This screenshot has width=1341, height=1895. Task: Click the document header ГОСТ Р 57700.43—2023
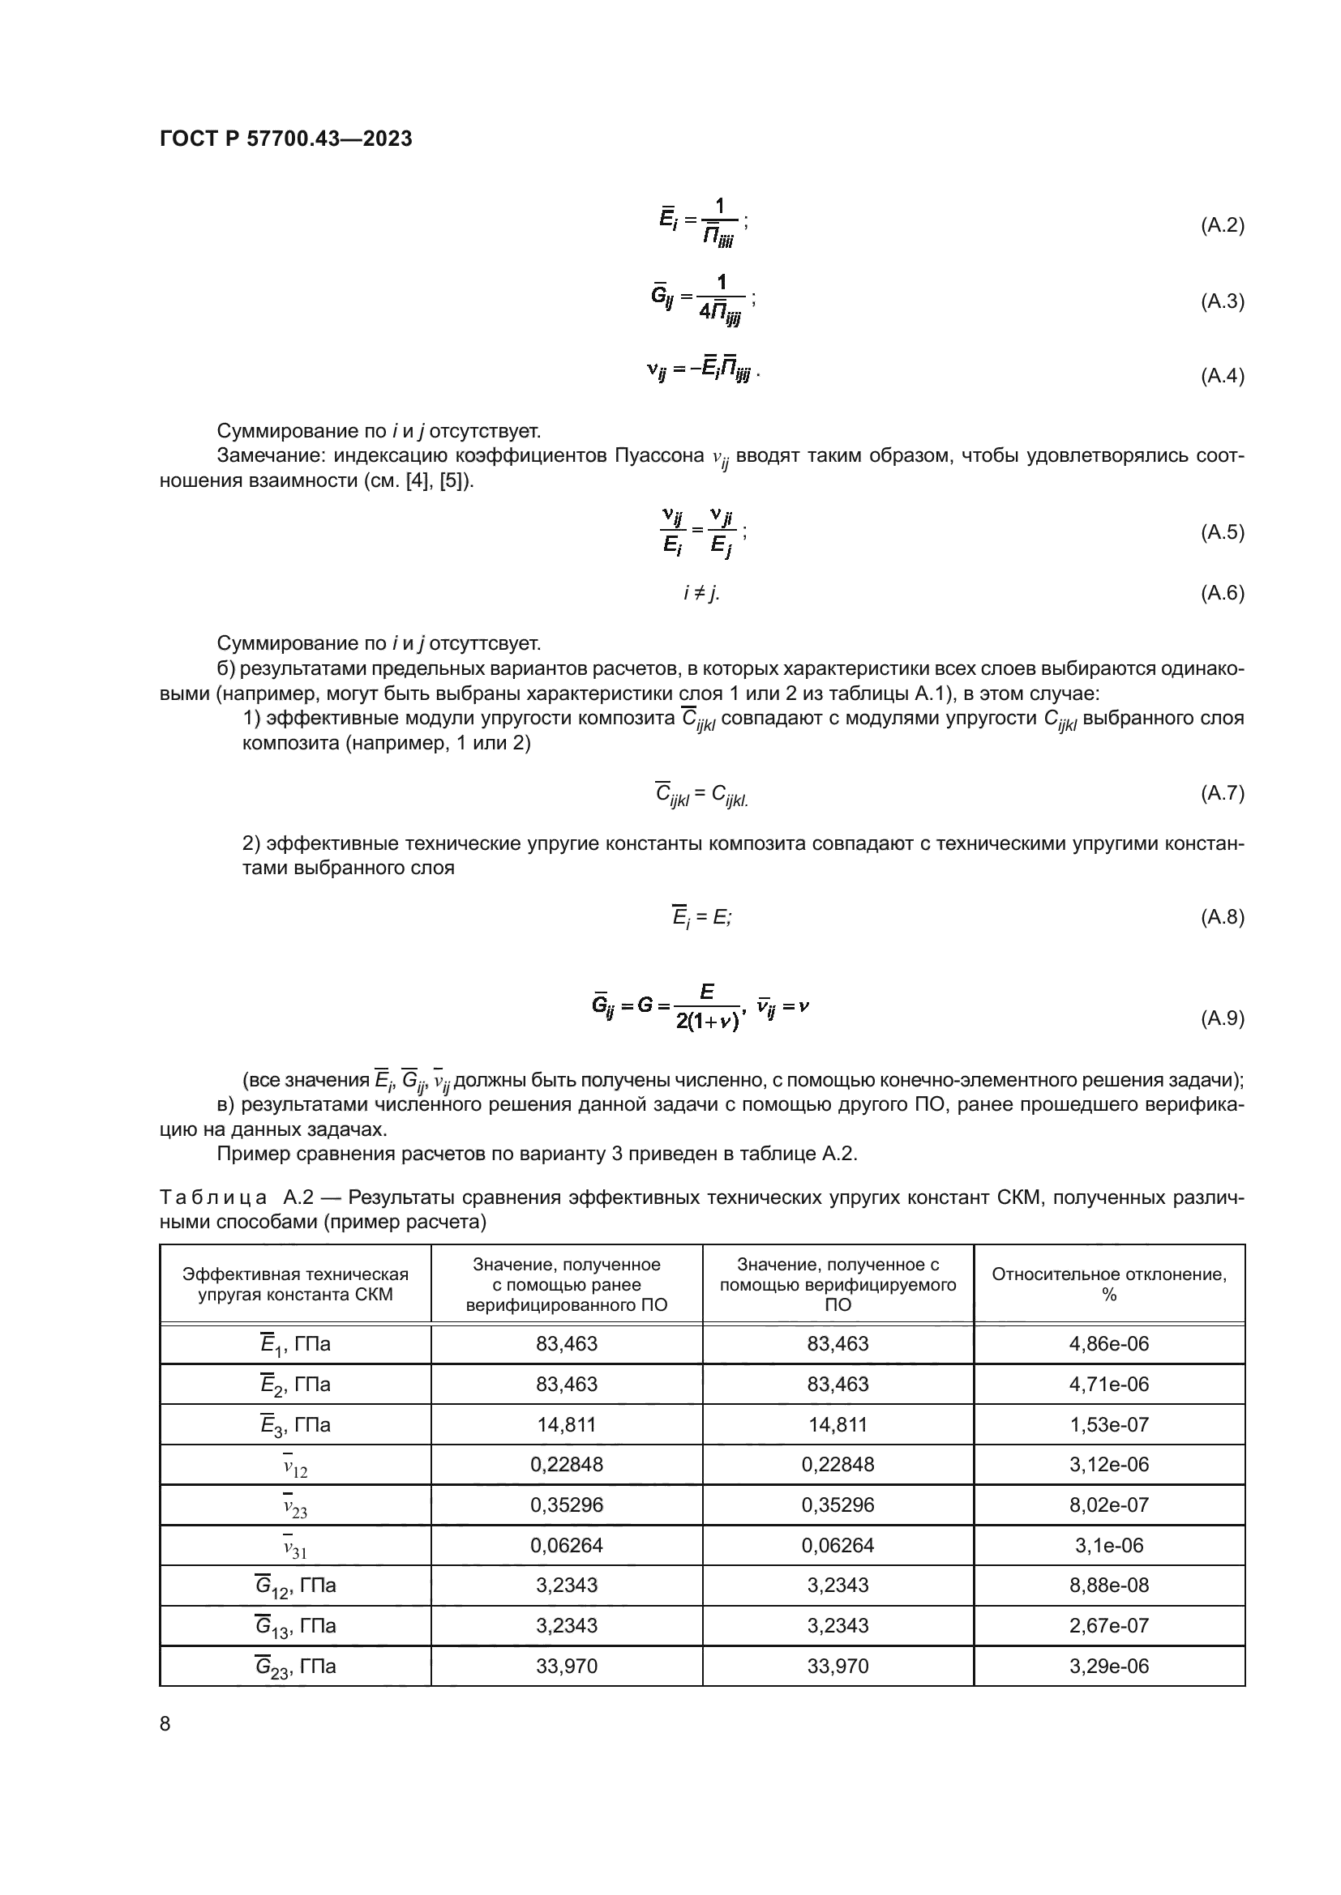tap(285, 139)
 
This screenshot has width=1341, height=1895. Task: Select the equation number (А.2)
tap(1221, 225)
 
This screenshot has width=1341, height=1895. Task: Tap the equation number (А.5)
tap(1221, 531)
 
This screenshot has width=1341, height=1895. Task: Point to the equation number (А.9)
tap(1221, 1018)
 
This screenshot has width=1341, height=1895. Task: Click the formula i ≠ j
tap(701, 592)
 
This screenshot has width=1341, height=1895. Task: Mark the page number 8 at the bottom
tap(165, 1723)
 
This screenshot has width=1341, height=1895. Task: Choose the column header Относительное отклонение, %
tap(1108, 1284)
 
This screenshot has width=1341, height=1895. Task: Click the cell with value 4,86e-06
tap(1108, 1343)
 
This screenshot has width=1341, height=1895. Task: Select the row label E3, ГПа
tap(295, 1424)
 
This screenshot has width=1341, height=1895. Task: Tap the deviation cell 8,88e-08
tap(1108, 1585)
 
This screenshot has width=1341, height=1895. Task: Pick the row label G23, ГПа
tap(295, 1666)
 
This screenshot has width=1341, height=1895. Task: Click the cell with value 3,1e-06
tap(1108, 1545)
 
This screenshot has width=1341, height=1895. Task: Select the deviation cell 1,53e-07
tap(1108, 1424)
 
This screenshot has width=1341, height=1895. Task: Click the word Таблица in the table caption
tap(212, 1197)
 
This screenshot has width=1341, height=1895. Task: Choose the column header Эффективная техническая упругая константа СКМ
tap(295, 1284)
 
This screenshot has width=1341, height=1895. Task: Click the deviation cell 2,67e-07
tap(1108, 1625)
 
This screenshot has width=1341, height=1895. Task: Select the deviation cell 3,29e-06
tap(1108, 1666)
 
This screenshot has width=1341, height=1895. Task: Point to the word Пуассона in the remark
tap(659, 455)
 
